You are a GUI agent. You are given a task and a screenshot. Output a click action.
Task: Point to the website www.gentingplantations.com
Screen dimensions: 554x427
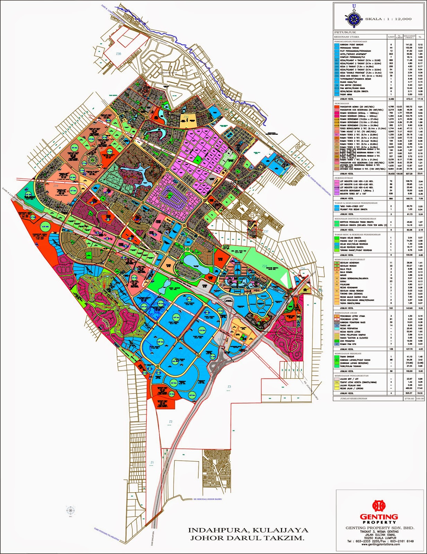pyautogui.click(x=380, y=544)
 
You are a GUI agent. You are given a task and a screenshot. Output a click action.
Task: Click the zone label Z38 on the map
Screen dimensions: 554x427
pyautogui.click(x=119, y=54)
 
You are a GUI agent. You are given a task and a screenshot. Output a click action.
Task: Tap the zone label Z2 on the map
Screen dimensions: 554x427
pyautogui.click(x=170, y=422)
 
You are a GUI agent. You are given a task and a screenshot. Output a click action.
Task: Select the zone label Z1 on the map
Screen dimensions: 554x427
pyautogui.click(x=152, y=463)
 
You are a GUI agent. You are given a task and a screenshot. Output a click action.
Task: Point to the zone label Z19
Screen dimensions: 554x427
pyautogui.click(x=56, y=186)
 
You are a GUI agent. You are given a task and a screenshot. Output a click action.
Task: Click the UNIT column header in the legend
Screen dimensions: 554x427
pyautogui.click(x=391, y=37)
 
